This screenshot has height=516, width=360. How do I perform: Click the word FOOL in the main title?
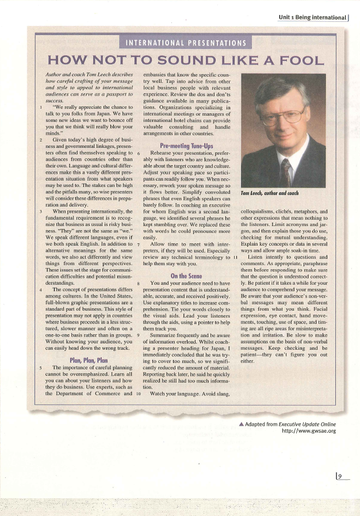296,59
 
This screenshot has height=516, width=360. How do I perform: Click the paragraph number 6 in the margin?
140,154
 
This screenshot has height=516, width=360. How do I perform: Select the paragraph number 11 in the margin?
236,240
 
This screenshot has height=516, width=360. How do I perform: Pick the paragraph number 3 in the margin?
39,212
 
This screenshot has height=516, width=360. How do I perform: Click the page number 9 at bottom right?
340,476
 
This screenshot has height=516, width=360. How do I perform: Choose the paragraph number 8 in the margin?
140,284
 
